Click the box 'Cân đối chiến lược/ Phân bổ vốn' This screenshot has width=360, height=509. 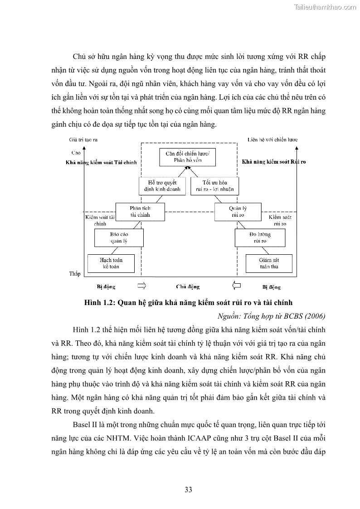point(187,157)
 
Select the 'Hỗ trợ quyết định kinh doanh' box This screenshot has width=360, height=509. point(162,186)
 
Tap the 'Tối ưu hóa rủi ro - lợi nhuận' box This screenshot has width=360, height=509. point(214,186)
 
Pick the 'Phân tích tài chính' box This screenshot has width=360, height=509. point(140,212)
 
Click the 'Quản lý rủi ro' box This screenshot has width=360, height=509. point(238,212)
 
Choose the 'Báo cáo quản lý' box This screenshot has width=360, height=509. point(119,238)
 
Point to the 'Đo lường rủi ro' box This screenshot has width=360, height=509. point(260,238)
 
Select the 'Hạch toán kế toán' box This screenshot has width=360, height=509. point(111,263)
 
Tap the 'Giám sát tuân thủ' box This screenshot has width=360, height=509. point(268,263)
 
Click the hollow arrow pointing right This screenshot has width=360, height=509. point(141,286)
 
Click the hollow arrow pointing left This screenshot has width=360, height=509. point(236,286)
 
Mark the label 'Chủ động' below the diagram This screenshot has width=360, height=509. point(188,287)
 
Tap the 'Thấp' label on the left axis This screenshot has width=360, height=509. point(74,274)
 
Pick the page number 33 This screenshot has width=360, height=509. point(189,490)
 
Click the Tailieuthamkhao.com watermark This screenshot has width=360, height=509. point(326,7)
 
